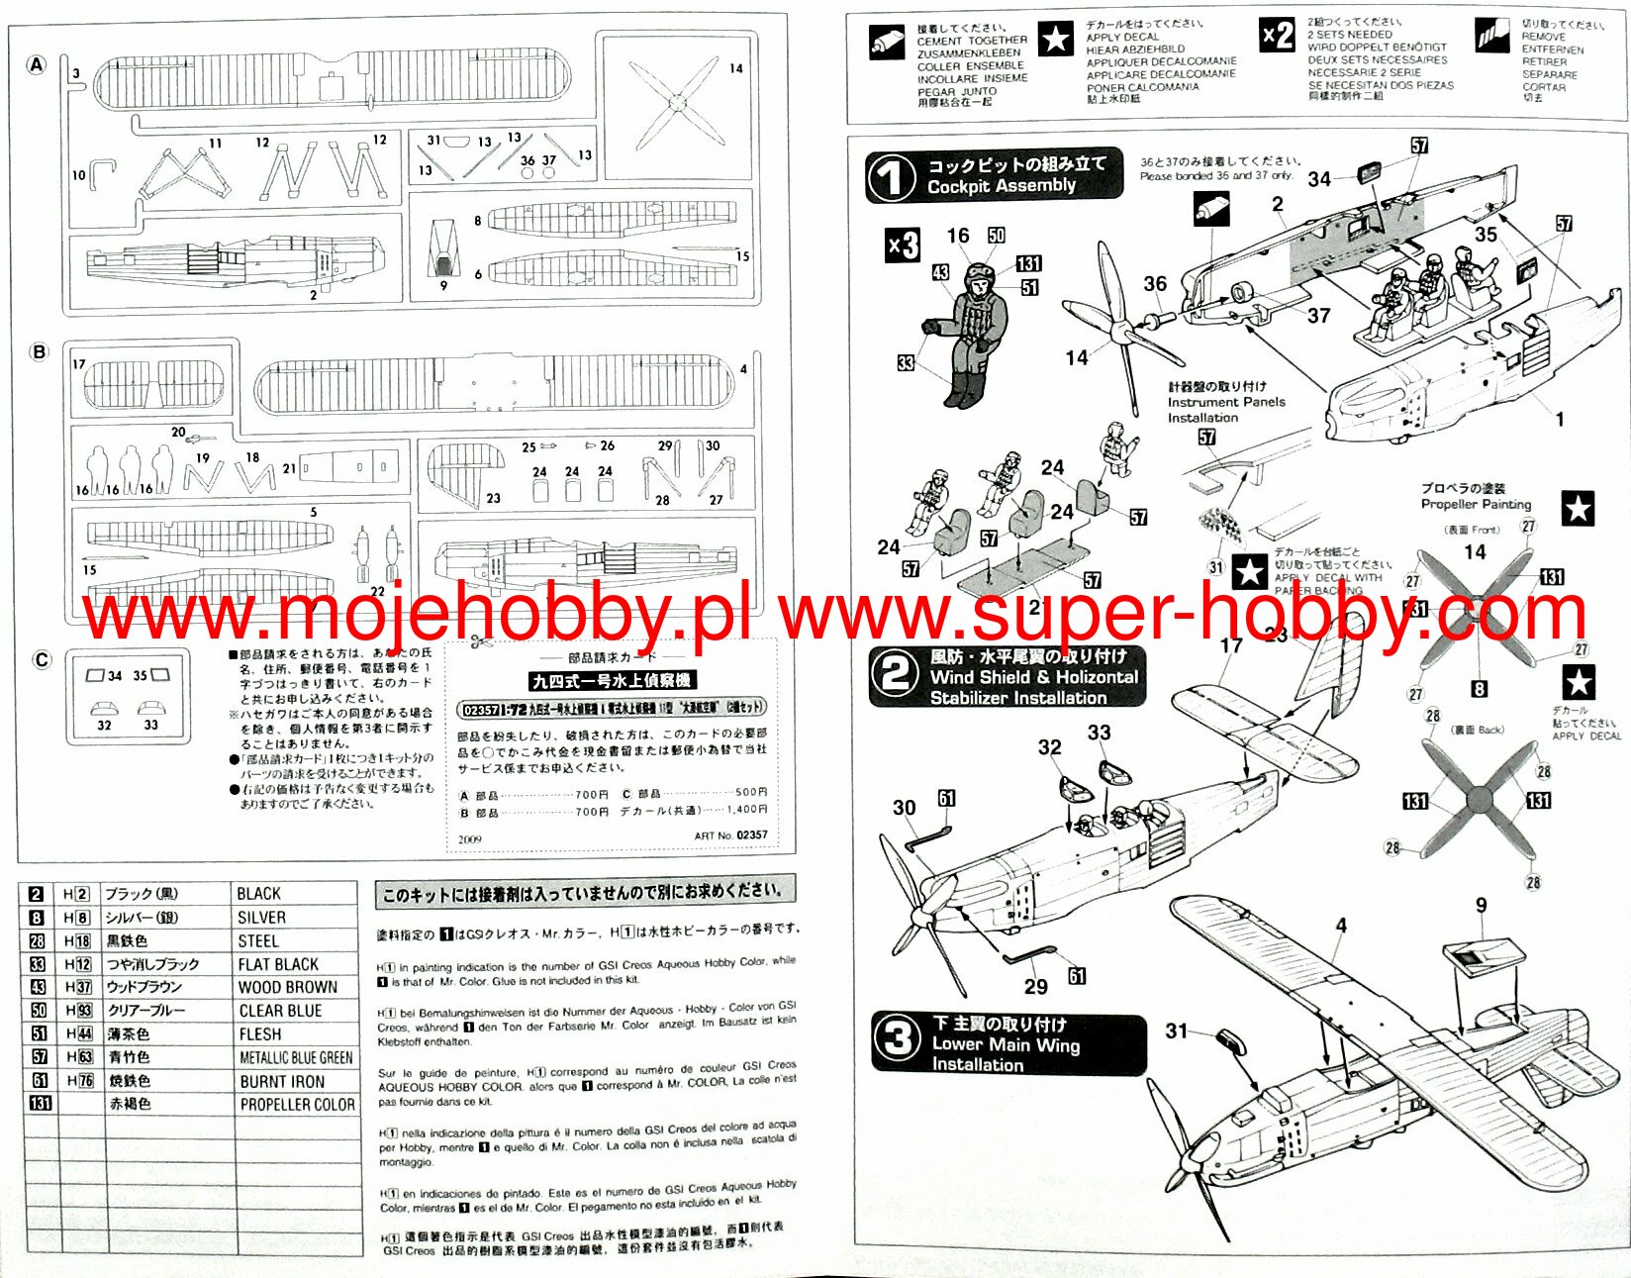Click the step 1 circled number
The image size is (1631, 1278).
click(891, 179)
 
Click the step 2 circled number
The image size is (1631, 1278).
click(895, 675)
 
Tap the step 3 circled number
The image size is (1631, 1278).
click(898, 1041)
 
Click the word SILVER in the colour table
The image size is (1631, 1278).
click(261, 918)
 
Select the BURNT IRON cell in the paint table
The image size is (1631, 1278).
click(282, 1082)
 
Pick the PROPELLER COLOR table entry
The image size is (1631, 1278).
click(297, 1105)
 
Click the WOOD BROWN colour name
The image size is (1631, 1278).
click(287, 987)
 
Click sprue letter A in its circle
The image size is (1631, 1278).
click(36, 65)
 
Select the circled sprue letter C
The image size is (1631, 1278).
click(41, 660)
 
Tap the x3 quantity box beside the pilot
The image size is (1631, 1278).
click(902, 245)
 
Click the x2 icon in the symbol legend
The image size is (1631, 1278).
click(1277, 37)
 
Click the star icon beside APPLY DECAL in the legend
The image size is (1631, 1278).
click(1056, 39)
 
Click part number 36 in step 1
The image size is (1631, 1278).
click(1155, 284)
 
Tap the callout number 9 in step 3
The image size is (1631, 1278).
click(1481, 905)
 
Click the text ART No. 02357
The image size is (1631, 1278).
click(730, 836)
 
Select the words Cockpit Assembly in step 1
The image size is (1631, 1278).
click(1001, 186)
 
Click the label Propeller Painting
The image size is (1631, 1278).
click(1476, 504)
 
